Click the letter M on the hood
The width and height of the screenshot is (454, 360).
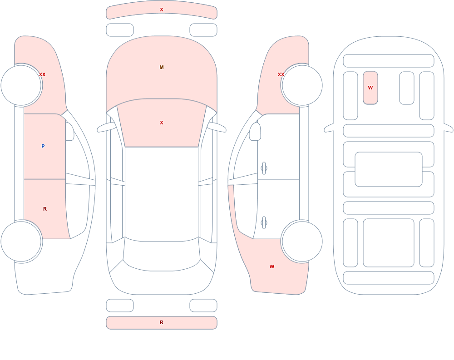(162, 67)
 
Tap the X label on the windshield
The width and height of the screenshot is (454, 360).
(162, 123)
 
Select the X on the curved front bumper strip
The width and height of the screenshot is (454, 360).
(162, 10)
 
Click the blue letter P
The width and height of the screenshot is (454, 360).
(43, 146)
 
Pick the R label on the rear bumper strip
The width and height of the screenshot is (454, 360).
(162, 322)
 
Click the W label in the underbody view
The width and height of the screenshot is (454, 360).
(370, 88)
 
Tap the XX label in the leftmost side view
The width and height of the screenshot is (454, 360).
(42, 74)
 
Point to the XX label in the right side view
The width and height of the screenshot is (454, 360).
(281, 74)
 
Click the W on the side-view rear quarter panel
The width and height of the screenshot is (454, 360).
(272, 266)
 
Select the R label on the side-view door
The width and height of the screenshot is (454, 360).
(45, 209)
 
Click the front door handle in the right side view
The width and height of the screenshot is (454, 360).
(264, 168)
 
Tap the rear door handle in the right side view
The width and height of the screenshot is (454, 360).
(264, 222)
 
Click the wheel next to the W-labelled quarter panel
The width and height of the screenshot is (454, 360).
(302, 241)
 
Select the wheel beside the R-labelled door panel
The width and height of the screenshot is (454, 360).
(21, 241)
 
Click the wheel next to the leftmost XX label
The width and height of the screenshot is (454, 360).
(21, 85)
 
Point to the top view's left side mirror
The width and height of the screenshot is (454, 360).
(106, 128)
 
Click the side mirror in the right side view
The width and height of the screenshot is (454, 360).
(255, 132)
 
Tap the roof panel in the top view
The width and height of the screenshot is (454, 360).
(162, 193)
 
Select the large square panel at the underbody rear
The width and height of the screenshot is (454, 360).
(389, 243)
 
